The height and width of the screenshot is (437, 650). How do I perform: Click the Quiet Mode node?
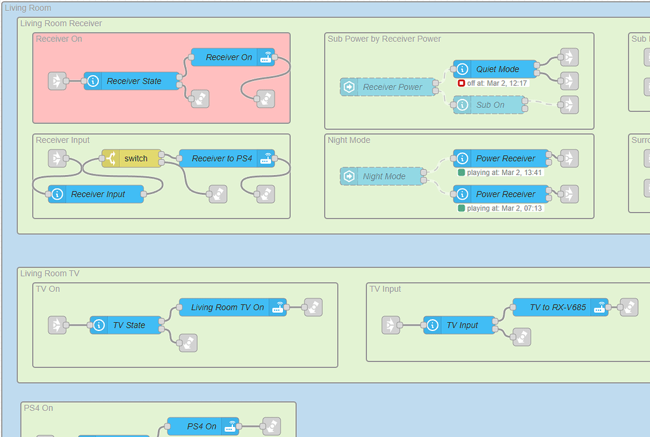click(x=496, y=69)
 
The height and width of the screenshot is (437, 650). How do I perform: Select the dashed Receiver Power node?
click(x=390, y=87)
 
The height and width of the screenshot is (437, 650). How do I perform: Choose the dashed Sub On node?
click(x=489, y=105)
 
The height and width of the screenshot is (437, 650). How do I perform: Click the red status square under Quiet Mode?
click(x=461, y=83)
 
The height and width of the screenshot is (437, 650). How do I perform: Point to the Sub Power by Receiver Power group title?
click(x=384, y=39)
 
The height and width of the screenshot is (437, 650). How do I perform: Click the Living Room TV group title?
click(x=50, y=273)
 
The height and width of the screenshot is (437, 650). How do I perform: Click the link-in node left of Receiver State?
click(x=57, y=81)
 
